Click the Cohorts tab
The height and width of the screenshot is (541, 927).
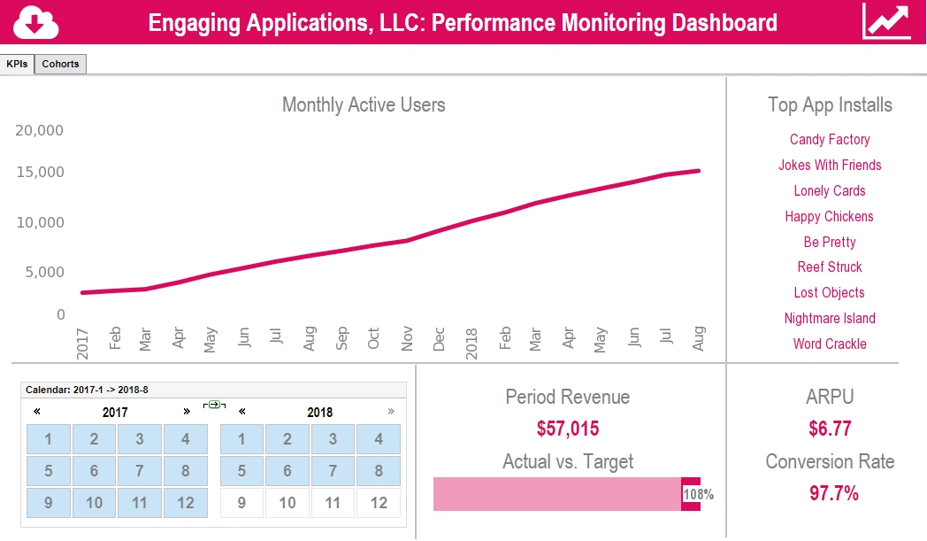[x=60, y=64]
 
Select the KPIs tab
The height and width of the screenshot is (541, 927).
[x=17, y=64]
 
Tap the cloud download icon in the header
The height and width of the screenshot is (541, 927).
[x=36, y=22]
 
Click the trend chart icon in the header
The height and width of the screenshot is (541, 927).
[x=886, y=22]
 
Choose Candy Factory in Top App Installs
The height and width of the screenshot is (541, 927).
[x=829, y=139]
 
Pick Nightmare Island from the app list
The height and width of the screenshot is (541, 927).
[x=829, y=318]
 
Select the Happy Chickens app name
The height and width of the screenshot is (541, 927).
[x=829, y=216]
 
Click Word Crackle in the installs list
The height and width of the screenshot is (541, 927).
[x=829, y=344]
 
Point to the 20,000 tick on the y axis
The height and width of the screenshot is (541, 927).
[x=40, y=131]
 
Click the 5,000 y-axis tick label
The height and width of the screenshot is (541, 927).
[x=40, y=272]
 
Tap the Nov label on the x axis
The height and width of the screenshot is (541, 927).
[x=407, y=338]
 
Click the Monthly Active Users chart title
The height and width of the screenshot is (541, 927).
[x=364, y=104]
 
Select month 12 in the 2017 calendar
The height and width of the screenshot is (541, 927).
[x=185, y=503]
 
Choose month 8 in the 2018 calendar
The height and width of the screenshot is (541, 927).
[x=378, y=471]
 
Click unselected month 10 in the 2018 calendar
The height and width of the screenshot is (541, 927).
[x=287, y=503]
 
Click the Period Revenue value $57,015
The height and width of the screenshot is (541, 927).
[x=567, y=429]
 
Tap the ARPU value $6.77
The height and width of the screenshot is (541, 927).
[x=830, y=429]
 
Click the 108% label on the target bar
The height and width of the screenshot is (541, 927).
[x=698, y=494]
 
